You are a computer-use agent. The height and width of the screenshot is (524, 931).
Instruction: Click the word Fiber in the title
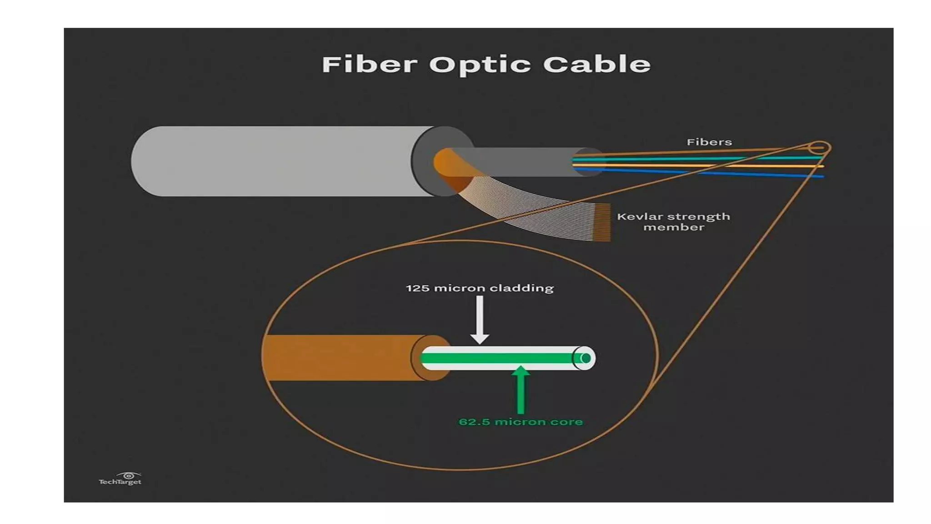pyautogui.click(x=369, y=64)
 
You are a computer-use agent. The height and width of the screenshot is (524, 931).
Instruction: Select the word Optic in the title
pyautogui.click(x=480, y=65)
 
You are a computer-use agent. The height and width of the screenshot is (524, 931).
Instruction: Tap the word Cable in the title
pyautogui.click(x=597, y=64)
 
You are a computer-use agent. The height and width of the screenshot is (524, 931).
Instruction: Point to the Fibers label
pyautogui.click(x=709, y=142)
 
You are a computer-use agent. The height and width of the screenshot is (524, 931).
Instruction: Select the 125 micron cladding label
pyautogui.click(x=480, y=288)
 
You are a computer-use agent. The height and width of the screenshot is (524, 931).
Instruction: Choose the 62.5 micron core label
pyautogui.click(x=521, y=422)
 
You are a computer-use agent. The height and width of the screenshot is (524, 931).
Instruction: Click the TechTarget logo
pyautogui.click(x=120, y=479)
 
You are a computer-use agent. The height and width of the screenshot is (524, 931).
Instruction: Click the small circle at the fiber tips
pyautogui.click(x=819, y=148)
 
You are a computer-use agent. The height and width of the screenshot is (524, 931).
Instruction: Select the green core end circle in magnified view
pyautogui.click(x=586, y=358)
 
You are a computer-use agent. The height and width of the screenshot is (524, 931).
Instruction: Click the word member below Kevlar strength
pyautogui.click(x=674, y=227)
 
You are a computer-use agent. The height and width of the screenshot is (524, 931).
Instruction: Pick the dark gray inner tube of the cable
pyautogui.click(x=523, y=162)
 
